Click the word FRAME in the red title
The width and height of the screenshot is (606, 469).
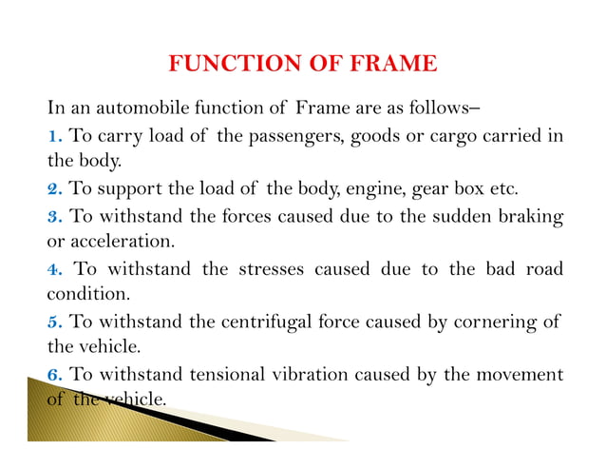[391, 65]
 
